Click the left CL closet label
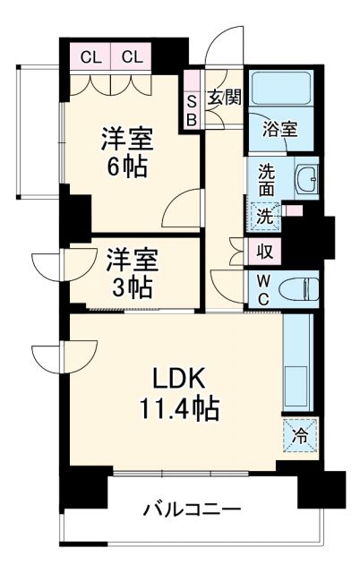tap(90, 57)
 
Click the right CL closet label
tap(132, 57)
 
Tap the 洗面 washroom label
tap(267, 181)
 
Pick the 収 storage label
tap(265, 252)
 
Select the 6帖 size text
tap(126, 167)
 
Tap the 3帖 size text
tap(132, 288)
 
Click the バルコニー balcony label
tap(193, 511)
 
